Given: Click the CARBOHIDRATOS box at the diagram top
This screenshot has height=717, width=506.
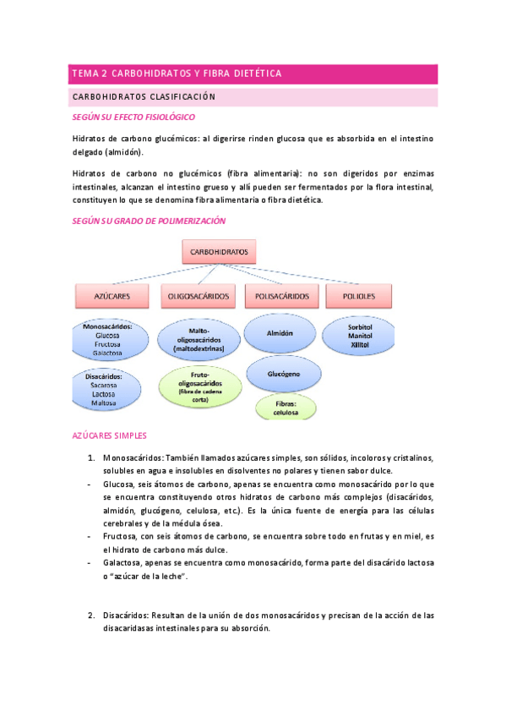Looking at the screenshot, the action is click(x=219, y=251).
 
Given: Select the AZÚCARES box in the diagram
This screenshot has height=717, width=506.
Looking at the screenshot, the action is click(x=113, y=296).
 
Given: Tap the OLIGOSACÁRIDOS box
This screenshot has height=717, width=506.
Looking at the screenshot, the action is click(x=199, y=296).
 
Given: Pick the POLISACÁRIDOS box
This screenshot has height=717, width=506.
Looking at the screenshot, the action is click(x=282, y=296).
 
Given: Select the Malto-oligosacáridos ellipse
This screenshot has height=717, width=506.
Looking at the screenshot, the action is click(x=199, y=338).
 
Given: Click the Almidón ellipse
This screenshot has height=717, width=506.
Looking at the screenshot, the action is click(x=280, y=333).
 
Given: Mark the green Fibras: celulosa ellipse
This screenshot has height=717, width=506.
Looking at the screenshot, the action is click(x=286, y=408).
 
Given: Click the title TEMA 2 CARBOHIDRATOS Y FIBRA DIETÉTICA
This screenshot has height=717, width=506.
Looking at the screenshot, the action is click(x=177, y=74).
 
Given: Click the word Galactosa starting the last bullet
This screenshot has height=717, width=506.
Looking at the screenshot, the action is click(x=122, y=561).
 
